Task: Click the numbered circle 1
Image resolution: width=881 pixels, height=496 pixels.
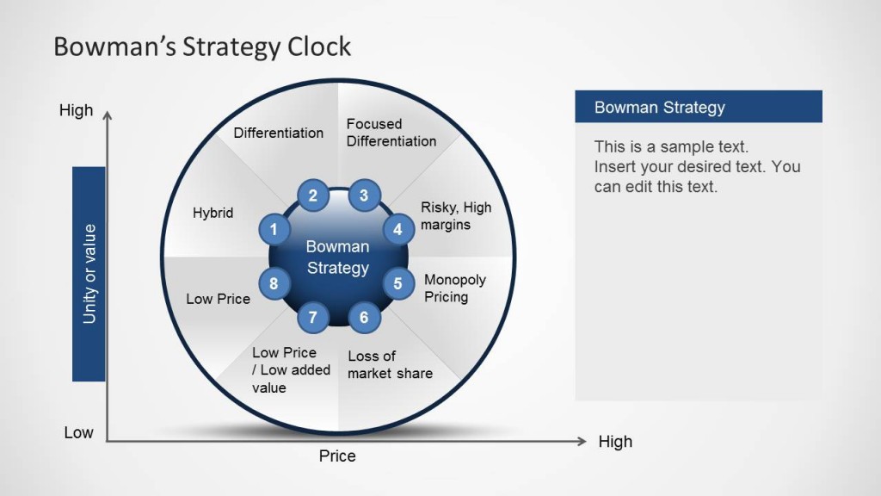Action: click(274, 230)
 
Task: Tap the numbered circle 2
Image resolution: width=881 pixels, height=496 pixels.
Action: click(313, 195)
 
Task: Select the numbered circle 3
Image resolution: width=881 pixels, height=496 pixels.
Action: click(364, 195)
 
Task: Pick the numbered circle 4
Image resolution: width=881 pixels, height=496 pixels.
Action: click(398, 230)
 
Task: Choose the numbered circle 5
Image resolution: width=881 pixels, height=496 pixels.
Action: click(398, 282)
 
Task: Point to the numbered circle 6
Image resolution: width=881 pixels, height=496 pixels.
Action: click(364, 317)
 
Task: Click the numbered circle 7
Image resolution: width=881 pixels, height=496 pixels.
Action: click(313, 317)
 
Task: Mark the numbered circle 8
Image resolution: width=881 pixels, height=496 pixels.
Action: click(274, 282)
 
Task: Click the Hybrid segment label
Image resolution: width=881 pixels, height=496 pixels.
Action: click(213, 213)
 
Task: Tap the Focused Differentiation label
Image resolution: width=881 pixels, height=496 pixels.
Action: click(391, 133)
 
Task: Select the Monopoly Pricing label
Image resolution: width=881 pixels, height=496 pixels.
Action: click(454, 288)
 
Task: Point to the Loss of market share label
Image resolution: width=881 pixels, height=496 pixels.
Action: click(390, 364)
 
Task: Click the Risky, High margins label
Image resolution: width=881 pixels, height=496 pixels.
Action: click(455, 216)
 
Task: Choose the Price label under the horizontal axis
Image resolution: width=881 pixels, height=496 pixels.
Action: click(337, 456)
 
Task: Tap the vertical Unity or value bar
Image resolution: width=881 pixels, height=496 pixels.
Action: click(89, 274)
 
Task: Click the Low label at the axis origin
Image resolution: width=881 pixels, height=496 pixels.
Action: click(78, 432)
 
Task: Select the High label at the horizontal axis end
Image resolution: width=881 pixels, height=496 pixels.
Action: click(615, 442)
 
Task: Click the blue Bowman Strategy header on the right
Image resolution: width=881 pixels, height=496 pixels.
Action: click(698, 108)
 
